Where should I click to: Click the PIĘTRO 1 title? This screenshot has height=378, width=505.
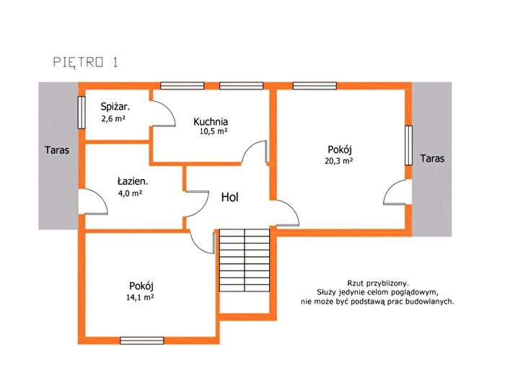pos(86,62)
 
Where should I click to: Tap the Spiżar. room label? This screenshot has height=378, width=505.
pos(115,107)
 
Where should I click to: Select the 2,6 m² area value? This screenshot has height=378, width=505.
pos(113,118)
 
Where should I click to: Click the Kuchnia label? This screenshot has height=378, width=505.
pos(211,121)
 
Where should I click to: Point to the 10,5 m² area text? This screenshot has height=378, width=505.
pos(214,131)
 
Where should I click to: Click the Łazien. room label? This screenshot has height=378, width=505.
pos(132,181)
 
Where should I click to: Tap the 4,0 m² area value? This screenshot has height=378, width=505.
pos(131,193)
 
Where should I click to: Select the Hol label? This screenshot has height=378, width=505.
pos(229,197)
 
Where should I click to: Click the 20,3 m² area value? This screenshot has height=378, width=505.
pos(338,161)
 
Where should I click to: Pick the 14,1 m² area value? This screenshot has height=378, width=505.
pos(140,297)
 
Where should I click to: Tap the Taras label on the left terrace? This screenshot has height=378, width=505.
pos(57,150)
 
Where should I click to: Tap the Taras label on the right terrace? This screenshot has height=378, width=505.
pos(432,159)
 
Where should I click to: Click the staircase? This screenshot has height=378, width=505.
pos(245,260)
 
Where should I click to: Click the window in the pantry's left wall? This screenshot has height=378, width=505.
pos(82,113)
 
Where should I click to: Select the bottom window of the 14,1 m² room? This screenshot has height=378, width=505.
pos(142,340)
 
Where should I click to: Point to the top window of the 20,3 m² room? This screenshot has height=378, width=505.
pos(315,86)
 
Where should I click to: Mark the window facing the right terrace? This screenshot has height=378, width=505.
pos(408,146)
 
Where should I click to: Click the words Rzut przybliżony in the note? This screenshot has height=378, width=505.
pos(378,283)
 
